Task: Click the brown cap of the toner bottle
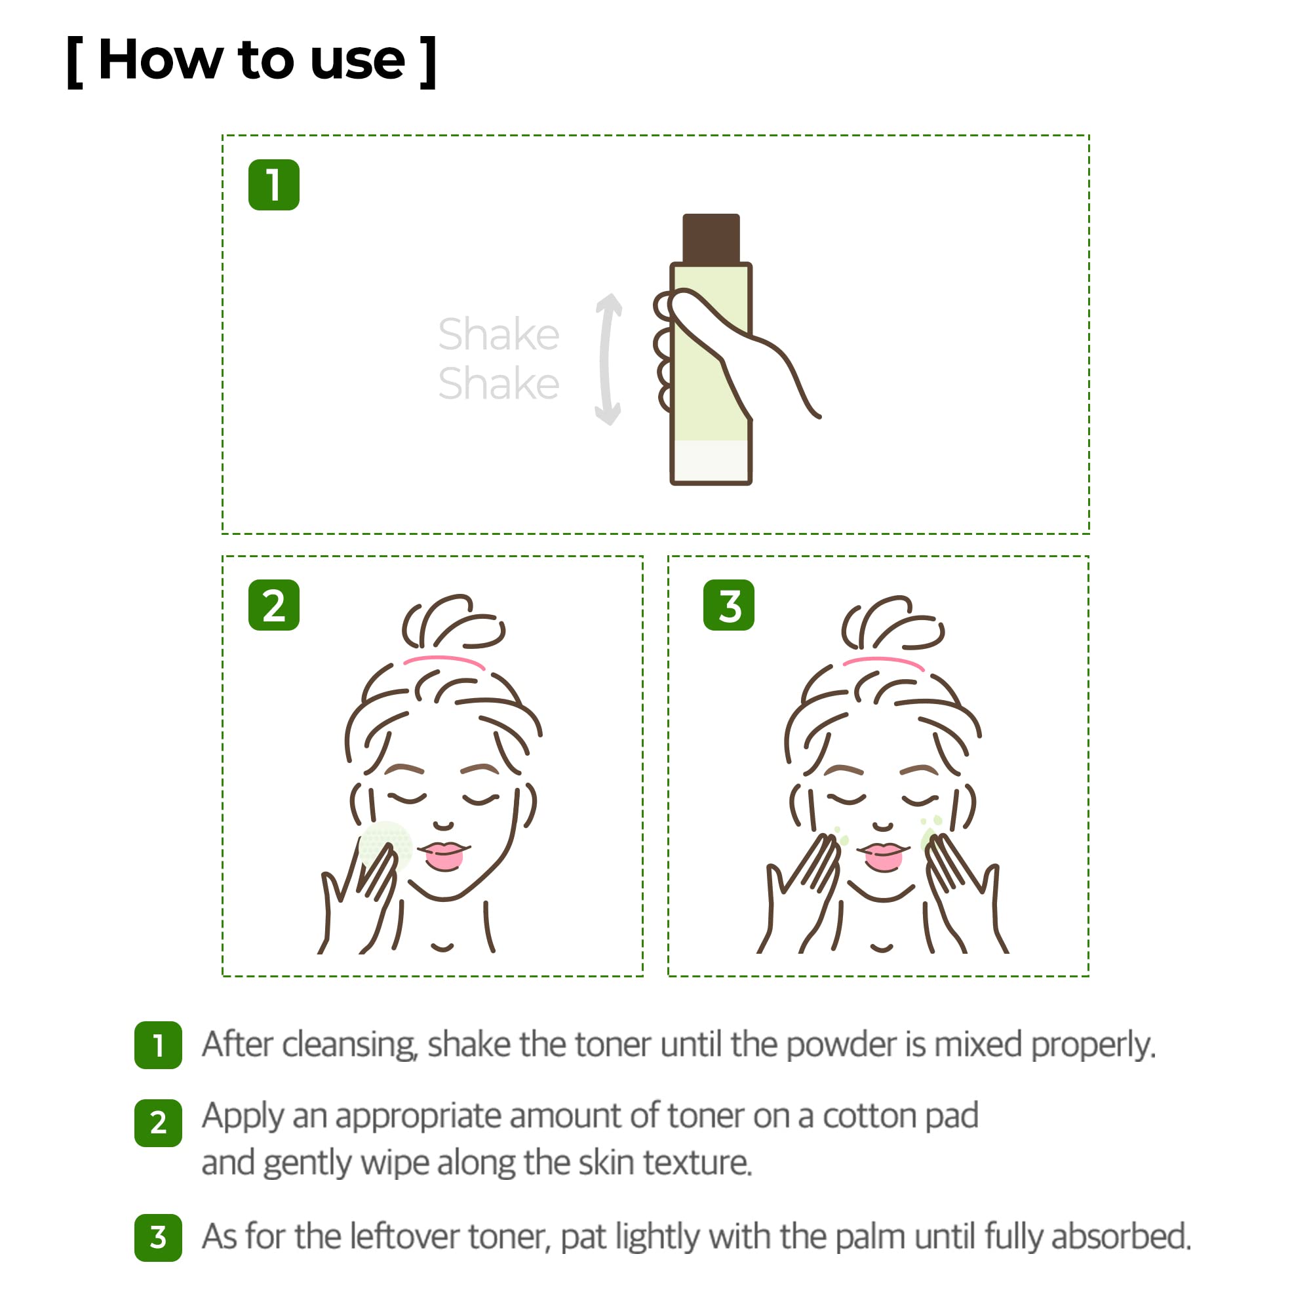[x=711, y=238]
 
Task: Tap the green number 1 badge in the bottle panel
[x=273, y=185]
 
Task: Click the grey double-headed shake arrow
[x=608, y=359]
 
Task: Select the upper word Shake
[x=498, y=334]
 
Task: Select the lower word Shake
[x=498, y=384]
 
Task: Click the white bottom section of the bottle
[x=711, y=461]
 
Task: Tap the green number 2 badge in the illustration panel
[x=273, y=604]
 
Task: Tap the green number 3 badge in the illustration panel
[x=728, y=604]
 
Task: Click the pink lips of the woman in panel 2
[x=444, y=855]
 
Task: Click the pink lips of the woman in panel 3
[x=883, y=855]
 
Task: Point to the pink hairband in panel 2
[x=444, y=659]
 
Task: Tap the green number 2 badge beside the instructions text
[x=158, y=1122]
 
